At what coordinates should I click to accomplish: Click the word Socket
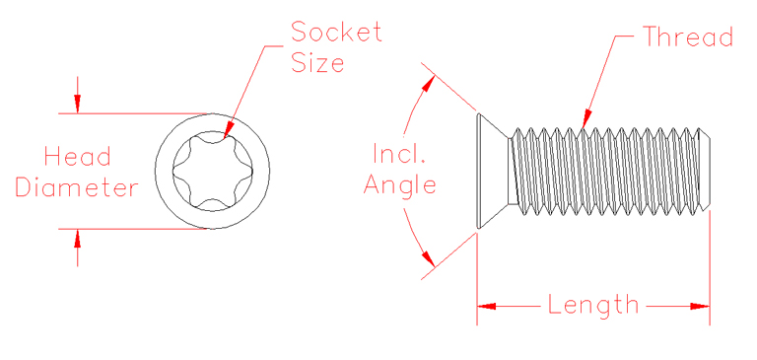pos(335,32)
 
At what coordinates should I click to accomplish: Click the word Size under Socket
pos(317,64)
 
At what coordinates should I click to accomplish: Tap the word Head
pos(77,156)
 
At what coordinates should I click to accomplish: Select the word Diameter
pos(77,187)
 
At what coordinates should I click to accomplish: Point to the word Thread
pos(688,38)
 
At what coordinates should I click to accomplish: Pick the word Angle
pos(399,184)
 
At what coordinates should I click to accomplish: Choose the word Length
pos(593,305)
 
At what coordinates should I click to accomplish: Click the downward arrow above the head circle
pos(78,106)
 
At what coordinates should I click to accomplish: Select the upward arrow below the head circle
pos(78,236)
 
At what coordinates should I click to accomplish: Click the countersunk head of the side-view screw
pos(493,169)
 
